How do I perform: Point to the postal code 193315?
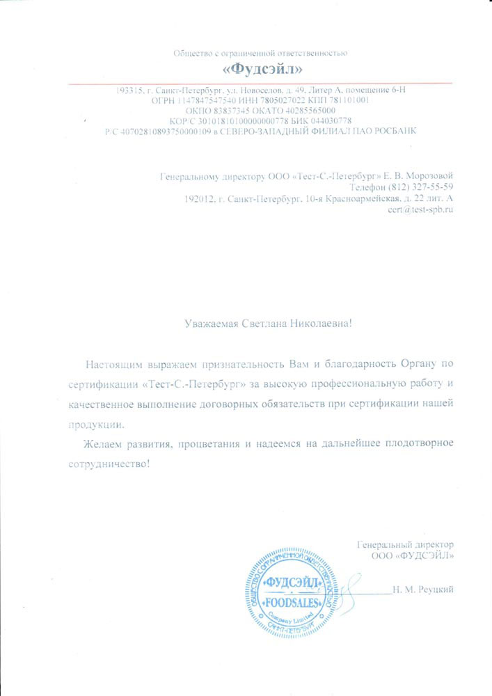(129, 90)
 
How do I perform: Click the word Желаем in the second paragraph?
(102, 444)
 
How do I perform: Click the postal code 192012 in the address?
(198, 199)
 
